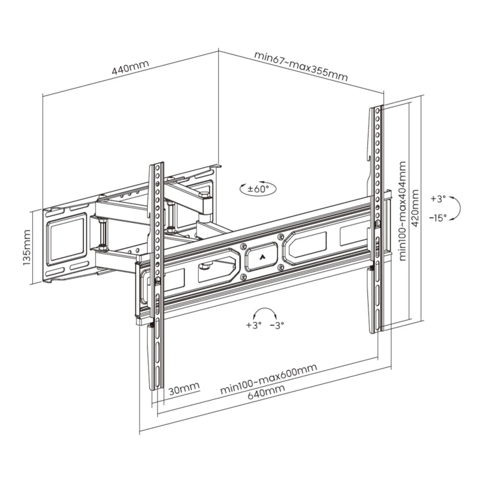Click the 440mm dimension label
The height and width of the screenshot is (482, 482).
[x=130, y=68]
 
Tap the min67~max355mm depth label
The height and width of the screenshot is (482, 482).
[x=301, y=67]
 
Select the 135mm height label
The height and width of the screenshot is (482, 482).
[x=27, y=247]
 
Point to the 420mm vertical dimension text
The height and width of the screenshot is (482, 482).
[x=416, y=208]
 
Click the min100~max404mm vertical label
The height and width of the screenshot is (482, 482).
[x=402, y=211]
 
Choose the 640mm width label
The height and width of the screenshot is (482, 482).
[x=266, y=392]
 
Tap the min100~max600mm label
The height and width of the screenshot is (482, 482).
[x=268, y=379]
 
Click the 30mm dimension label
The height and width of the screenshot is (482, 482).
[x=184, y=388]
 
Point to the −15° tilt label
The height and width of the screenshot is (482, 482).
[x=438, y=218]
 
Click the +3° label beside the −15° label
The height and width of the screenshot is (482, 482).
[x=438, y=199]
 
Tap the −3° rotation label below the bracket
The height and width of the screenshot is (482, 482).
[x=277, y=325]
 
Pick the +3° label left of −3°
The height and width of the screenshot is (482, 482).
[x=254, y=325]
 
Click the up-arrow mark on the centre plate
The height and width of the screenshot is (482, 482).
[x=261, y=257]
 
